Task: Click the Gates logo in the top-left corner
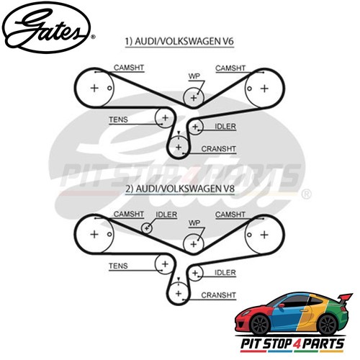click(48, 27)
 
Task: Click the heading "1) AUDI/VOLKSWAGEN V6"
click(179, 41)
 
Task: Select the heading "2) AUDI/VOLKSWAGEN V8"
click(180, 189)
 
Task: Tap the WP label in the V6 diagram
click(194, 76)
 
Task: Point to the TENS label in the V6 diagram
click(118, 120)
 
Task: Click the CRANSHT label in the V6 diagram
click(218, 149)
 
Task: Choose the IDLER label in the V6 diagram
click(225, 127)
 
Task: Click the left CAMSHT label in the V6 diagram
click(129, 68)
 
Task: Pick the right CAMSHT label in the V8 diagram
click(230, 215)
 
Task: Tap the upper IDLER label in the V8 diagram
click(166, 215)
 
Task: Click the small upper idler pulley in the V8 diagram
click(147, 228)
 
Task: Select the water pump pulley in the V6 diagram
click(194, 98)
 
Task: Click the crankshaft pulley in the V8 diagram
click(179, 293)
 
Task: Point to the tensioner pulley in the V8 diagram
click(165, 264)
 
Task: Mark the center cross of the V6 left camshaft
click(94, 88)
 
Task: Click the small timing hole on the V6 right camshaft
click(249, 89)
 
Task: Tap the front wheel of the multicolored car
click(261, 325)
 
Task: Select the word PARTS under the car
click(323, 343)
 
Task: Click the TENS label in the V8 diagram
click(118, 266)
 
